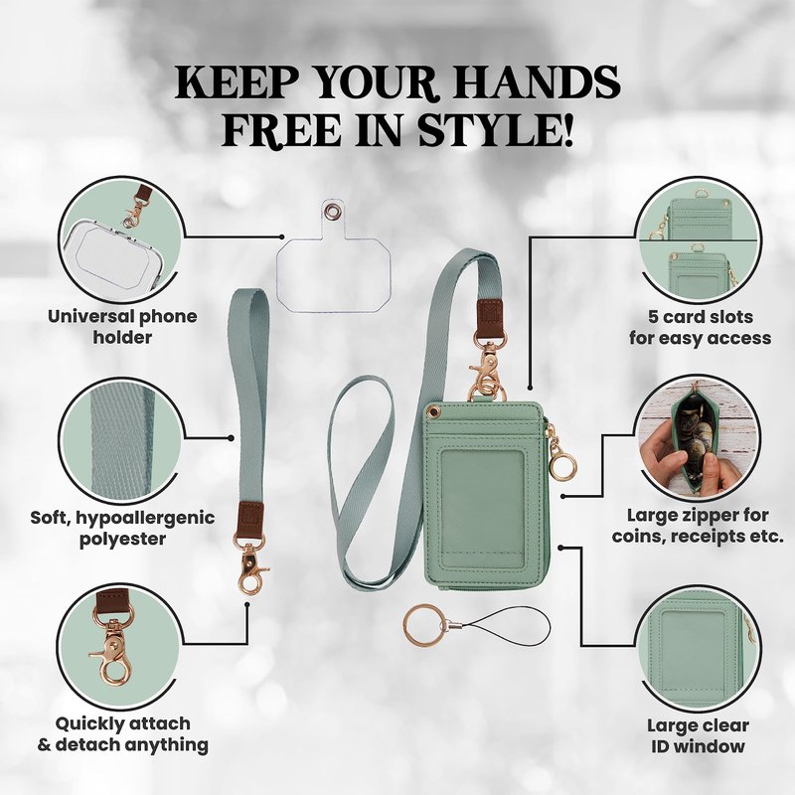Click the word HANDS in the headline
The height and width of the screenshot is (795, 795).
click(535, 82)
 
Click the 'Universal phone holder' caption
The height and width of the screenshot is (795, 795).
click(122, 327)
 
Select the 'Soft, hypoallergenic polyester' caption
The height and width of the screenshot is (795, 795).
click(122, 529)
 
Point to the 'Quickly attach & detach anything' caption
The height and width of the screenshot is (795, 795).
click(122, 734)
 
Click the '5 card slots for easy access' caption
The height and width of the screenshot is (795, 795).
click(700, 328)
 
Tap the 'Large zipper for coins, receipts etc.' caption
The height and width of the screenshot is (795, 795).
click(698, 526)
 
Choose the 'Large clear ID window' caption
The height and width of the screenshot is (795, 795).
click(698, 735)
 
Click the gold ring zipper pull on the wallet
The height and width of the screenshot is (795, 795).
click(562, 465)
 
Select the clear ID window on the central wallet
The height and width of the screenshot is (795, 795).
click(482, 509)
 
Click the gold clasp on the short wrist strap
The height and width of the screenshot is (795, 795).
click(250, 564)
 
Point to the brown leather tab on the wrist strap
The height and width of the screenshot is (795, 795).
click(250, 519)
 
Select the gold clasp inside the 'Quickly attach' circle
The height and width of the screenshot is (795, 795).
click(112, 644)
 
